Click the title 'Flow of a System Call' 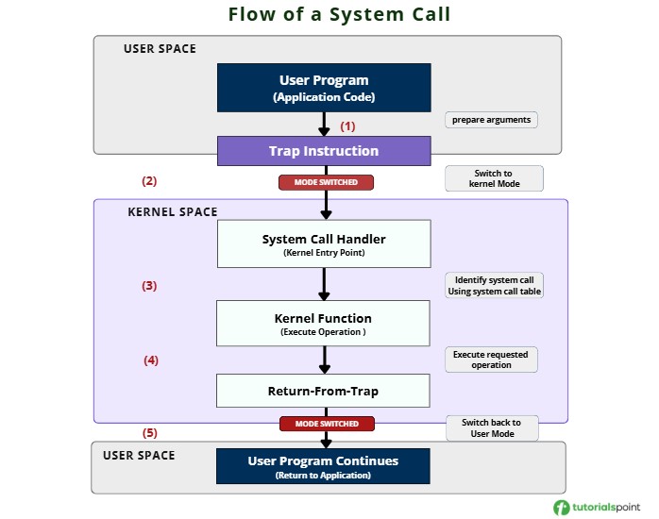click(325, 15)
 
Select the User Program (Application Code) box click(324, 88)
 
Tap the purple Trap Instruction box click(324, 151)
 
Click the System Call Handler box click(324, 244)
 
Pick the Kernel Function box click(324, 324)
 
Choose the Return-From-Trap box click(324, 390)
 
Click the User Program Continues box click(324, 467)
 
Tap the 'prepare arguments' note click(491, 120)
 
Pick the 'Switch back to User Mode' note click(492, 427)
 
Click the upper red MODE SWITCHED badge click(326, 182)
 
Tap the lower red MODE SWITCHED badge click(326, 424)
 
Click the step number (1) click(347, 126)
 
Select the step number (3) click(149, 285)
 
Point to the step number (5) click(149, 433)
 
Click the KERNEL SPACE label click(172, 212)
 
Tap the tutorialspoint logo click(596, 507)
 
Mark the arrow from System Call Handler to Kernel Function click(325, 283)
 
